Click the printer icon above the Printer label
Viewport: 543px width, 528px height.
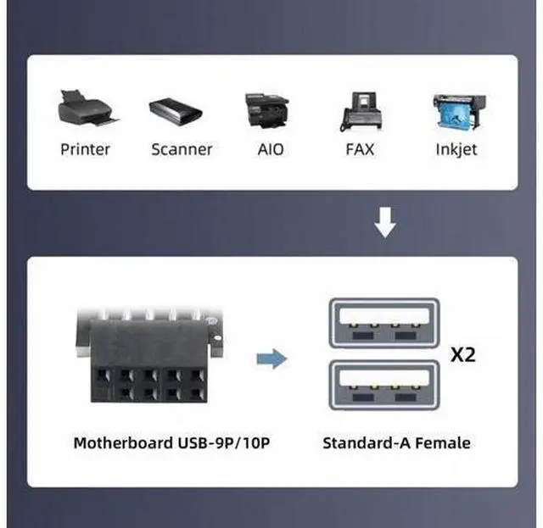point(88,108)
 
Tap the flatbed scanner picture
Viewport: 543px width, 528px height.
point(176,110)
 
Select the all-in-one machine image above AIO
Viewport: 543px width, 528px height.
point(266,110)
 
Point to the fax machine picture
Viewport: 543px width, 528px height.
point(361,111)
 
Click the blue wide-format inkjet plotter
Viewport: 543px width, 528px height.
point(460,112)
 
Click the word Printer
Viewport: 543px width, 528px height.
point(85,149)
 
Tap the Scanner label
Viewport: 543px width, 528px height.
point(182,149)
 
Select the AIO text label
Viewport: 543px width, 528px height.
point(271,149)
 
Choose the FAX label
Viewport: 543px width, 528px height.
point(360,149)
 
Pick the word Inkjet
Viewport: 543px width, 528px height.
point(456,150)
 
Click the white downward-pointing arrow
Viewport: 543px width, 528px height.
point(385,223)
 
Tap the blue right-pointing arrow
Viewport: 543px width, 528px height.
point(271,358)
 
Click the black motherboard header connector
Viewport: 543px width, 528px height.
point(149,355)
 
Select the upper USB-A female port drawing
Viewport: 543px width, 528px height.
point(384,323)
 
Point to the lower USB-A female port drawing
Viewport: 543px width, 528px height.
point(384,385)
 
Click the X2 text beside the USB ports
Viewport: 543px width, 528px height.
point(463,354)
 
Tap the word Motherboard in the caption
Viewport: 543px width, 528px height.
point(124,443)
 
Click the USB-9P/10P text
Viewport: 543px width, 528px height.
point(224,443)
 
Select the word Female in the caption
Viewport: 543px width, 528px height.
point(443,443)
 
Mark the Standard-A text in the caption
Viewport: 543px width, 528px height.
point(367,443)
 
